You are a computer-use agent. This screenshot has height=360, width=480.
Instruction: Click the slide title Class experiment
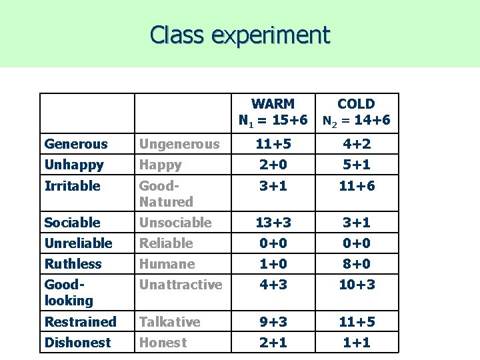(x=240, y=34)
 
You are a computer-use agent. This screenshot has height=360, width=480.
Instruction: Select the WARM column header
(x=273, y=112)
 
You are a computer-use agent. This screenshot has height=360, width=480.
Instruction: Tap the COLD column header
(x=356, y=112)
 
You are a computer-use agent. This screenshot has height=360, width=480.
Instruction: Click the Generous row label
(x=75, y=144)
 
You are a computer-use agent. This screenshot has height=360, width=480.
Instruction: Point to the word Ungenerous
(x=178, y=144)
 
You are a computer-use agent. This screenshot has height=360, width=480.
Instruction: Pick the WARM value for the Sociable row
(x=273, y=222)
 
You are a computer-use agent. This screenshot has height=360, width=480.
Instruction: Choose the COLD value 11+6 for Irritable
(x=356, y=185)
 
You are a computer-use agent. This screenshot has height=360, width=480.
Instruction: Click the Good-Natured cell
(x=165, y=193)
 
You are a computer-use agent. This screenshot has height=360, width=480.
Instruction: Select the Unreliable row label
(x=78, y=243)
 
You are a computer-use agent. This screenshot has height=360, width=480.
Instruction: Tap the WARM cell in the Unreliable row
(x=273, y=243)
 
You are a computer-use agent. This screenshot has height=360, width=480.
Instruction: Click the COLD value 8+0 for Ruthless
(x=356, y=263)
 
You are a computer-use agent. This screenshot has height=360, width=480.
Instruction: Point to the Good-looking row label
(x=69, y=292)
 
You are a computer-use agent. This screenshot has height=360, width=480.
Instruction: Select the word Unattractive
(x=180, y=285)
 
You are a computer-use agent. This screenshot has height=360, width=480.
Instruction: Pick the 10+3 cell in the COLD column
(x=356, y=285)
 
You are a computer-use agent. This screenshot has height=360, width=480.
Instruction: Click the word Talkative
(x=169, y=321)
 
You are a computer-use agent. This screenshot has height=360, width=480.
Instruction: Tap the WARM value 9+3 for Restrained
(x=273, y=321)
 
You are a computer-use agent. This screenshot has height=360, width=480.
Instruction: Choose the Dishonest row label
(x=77, y=342)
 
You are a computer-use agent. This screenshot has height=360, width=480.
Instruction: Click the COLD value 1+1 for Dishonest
(x=356, y=342)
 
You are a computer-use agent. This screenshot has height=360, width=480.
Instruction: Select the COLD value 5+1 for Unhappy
(x=356, y=165)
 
